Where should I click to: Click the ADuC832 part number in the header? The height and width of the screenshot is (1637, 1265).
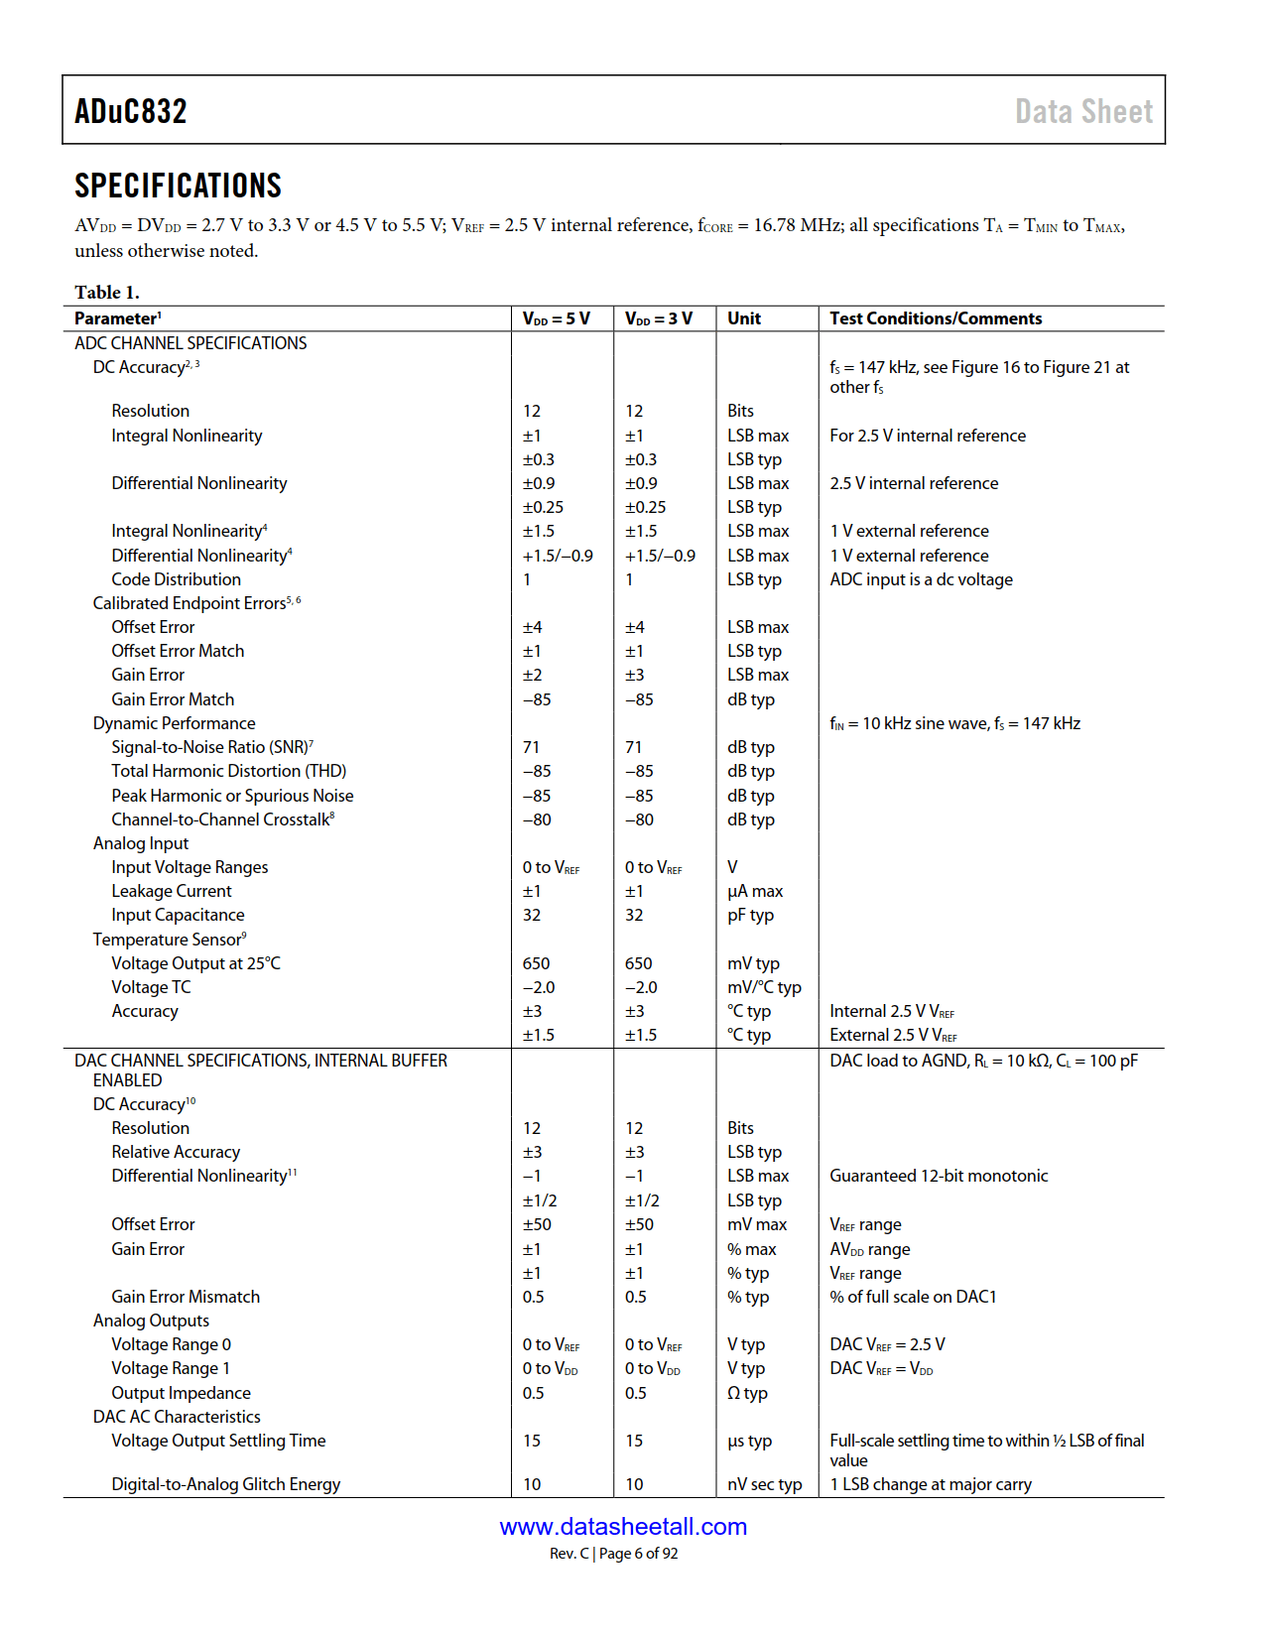[131, 111]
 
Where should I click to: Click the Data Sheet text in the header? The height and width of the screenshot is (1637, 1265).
[1083, 111]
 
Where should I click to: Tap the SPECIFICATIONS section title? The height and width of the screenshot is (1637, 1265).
[178, 186]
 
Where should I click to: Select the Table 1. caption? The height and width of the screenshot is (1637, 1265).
[107, 292]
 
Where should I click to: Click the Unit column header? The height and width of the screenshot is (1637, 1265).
[744, 318]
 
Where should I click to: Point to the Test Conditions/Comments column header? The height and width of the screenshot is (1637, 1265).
[936, 318]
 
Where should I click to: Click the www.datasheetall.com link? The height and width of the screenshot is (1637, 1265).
[623, 1527]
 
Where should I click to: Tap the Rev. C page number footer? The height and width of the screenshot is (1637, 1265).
[614, 1554]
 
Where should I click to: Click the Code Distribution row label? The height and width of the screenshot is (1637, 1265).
[176, 579]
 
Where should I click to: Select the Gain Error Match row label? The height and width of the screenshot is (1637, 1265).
[173, 699]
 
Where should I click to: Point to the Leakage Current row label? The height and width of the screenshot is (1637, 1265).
[171, 891]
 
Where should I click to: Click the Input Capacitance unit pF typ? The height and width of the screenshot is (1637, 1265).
[750, 915]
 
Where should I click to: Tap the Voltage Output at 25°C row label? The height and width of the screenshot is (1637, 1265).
[195, 963]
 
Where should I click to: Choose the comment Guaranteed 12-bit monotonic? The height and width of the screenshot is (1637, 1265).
[939, 1176]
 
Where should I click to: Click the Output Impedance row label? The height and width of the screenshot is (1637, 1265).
[181, 1393]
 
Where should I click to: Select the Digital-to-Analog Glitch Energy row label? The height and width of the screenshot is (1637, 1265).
[225, 1484]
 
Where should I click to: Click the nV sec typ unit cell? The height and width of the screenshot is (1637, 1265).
[764, 1484]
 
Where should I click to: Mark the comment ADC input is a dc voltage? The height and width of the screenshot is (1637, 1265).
[921, 579]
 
